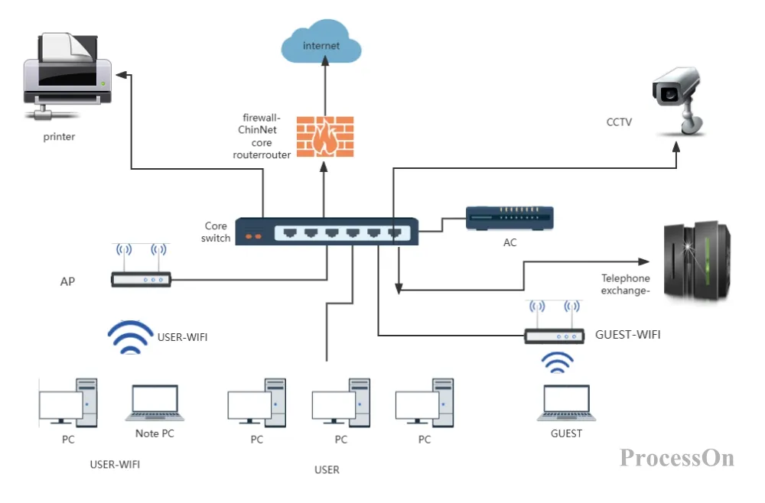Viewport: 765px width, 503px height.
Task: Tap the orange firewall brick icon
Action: (x=325, y=137)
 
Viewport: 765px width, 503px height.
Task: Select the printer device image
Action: (x=67, y=76)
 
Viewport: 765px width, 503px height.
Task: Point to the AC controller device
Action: (x=509, y=219)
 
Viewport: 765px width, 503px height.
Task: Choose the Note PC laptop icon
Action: (x=155, y=403)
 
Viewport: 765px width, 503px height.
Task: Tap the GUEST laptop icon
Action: (x=566, y=403)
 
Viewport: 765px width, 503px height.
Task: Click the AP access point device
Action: (x=141, y=265)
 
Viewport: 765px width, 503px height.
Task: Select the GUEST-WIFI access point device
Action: (x=554, y=322)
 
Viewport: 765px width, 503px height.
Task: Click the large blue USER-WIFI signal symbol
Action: (x=130, y=337)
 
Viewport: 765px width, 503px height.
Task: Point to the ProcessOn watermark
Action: (x=677, y=458)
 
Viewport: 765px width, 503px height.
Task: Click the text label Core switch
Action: (x=216, y=232)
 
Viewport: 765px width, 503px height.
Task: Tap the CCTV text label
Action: (x=619, y=122)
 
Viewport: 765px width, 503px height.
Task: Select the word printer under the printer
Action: (x=59, y=137)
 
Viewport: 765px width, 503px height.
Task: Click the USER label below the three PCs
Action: (x=327, y=470)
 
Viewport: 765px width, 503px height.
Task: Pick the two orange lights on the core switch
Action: (x=253, y=236)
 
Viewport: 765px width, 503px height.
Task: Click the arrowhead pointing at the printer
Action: (x=122, y=75)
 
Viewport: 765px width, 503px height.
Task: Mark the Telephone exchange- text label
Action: (x=626, y=284)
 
